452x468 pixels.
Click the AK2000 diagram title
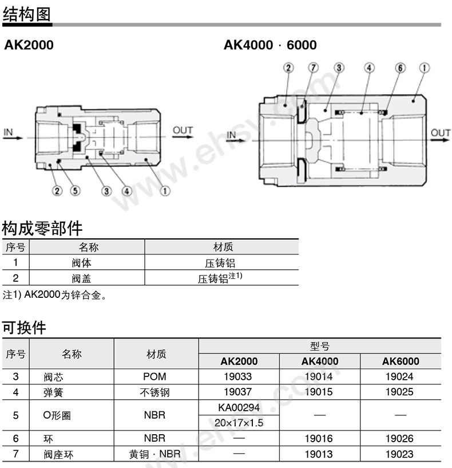[29, 45]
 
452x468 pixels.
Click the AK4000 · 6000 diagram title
[269, 45]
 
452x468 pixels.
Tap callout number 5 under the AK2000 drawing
[75, 191]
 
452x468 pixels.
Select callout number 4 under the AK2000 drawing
[126, 191]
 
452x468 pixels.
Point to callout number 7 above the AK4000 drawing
[312, 68]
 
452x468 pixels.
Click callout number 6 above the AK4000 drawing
[400, 68]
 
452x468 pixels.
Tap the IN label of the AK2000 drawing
[9, 132]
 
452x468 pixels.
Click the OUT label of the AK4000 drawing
[441, 133]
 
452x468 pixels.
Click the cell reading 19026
[400, 438]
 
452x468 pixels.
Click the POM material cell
[155, 377]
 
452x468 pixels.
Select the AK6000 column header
[400, 361]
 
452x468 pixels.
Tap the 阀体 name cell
[82, 263]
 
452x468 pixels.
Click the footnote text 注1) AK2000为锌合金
[55, 296]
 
